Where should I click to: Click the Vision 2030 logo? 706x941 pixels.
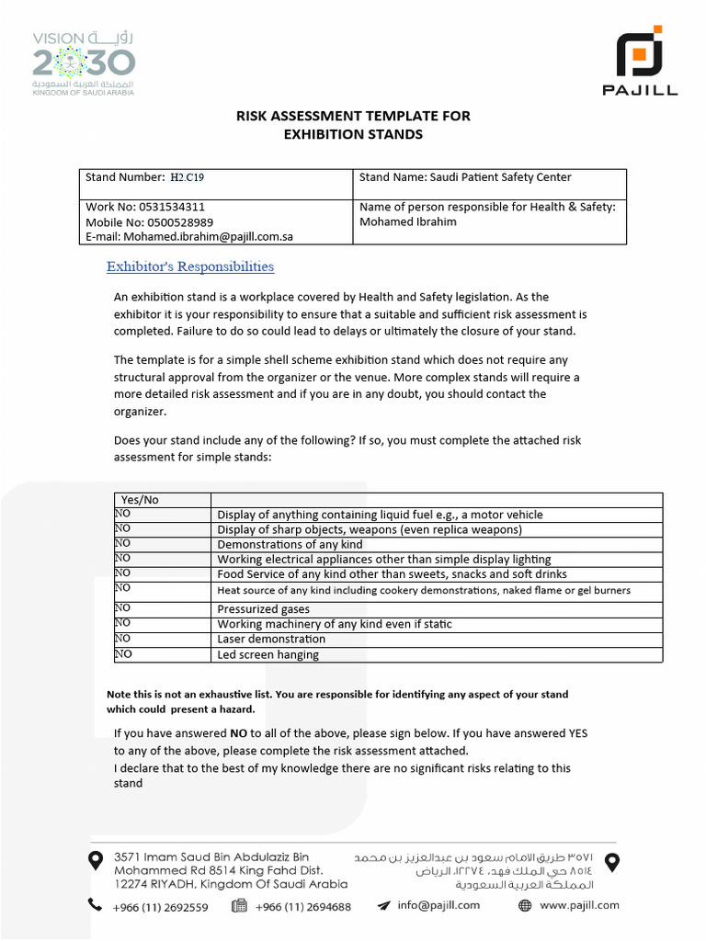coord(84,62)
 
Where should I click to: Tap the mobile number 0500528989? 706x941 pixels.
coord(174,221)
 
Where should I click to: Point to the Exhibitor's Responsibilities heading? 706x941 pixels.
coord(190,266)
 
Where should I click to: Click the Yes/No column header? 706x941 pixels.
coord(140,499)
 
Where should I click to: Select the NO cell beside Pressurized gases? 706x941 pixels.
coord(123,608)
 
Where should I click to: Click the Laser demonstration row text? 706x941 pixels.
coord(271,639)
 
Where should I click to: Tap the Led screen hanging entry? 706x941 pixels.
coord(268,654)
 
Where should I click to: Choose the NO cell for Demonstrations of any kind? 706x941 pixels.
coord(123,543)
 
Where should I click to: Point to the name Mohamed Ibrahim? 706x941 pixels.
coord(408,221)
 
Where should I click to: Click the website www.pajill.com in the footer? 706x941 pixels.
coord(579,905)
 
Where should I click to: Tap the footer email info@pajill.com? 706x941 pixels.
coord(438,905)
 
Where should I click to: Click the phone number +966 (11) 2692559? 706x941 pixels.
coord(160,906)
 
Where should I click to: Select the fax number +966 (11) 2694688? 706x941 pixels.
coord(302,906)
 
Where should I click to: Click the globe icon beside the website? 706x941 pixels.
coord(525,905)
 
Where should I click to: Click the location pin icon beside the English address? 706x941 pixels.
coord(94,860)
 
